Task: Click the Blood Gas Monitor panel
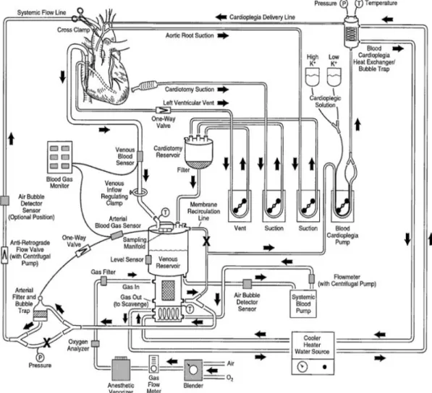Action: click(x=60, y=157)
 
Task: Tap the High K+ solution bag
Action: click(x=313, y=77)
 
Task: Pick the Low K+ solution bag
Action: click(x=334, y=77)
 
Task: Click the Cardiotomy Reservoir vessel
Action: click(x=198, y=152)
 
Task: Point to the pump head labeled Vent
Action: click(x=240, y=206)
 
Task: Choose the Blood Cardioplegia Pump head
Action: click(x=342, y=206)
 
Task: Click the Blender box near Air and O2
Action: click(x=193, y=370)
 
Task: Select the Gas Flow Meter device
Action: click(x=153, y=364)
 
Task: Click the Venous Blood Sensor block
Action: click(x=140, y=156)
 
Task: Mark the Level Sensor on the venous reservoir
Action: click(x=148, y=259)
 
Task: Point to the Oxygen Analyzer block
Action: click(x=95, y=343)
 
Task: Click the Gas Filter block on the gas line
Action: click(x=103, y=281)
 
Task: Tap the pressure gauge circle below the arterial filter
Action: click(x=41, y=358)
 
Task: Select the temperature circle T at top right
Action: click(x=359, y=4)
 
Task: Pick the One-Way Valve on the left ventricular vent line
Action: click(x=163, y=111)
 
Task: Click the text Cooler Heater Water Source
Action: click(x=312, y=345)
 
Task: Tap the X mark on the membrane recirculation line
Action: click(x=206, y=241)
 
